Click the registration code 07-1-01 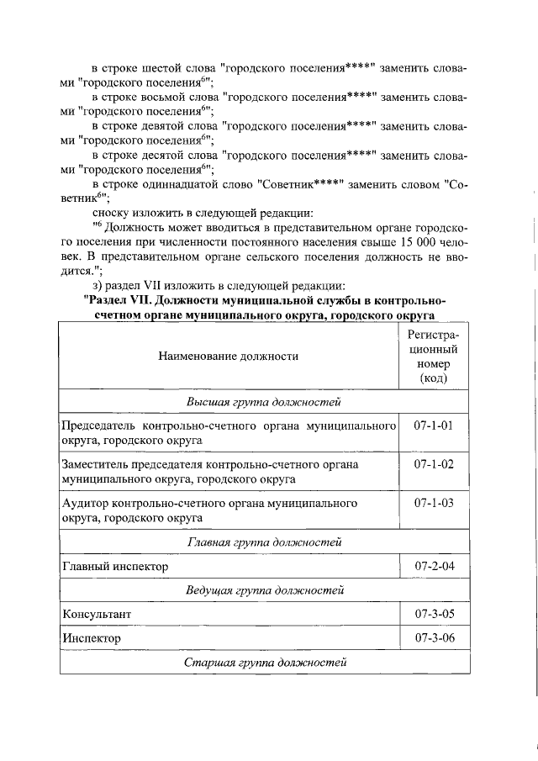[433, 425]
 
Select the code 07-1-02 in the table [433, 464]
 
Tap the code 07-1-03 [433, 503]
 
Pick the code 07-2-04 [433, 566]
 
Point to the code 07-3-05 [433, 614]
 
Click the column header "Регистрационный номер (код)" [433, 356]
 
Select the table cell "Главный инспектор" [115, 567]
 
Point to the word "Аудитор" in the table [90, 504]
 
